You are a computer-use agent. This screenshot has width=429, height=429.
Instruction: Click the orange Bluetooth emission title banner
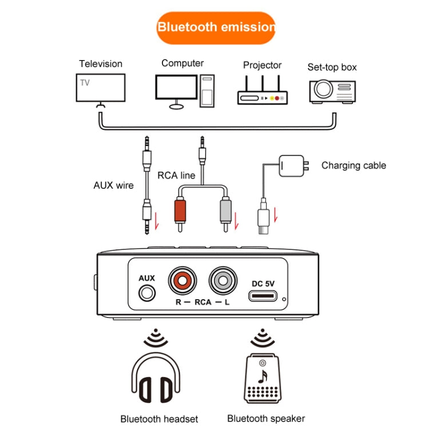[215, 27]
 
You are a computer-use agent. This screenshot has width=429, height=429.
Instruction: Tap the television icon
[101, 87]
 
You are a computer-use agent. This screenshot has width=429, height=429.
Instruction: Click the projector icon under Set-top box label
[332, 89]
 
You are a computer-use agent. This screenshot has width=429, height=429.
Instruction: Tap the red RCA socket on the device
[182, 281]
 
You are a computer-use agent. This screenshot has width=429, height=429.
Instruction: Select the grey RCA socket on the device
[223, 281]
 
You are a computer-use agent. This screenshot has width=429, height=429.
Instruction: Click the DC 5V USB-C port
[264, 296]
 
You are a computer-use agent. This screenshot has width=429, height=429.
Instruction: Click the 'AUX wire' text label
[113, 185]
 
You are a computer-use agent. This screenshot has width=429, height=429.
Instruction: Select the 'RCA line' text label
[176, 176]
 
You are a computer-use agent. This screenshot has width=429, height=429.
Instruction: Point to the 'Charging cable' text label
[353, 166]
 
